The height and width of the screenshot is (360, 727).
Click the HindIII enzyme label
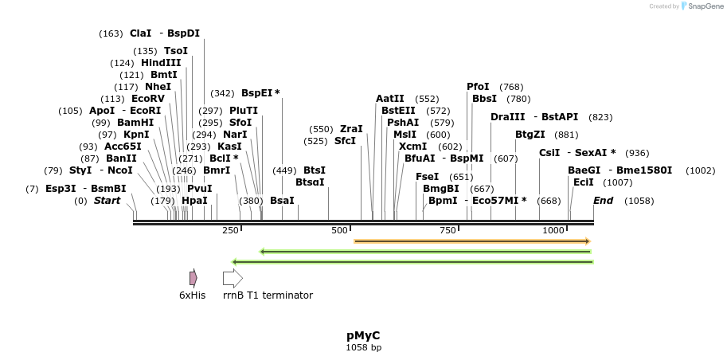point(161,63)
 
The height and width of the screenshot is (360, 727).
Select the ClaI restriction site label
point(140,33)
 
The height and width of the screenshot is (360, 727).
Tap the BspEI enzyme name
point(257,93)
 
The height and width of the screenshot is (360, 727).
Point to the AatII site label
point(390,99)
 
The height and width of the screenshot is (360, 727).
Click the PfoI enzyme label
point(478,87)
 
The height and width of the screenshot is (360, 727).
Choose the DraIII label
point(506,117)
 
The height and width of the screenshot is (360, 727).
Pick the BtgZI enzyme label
point(530,135)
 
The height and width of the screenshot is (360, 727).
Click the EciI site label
point(583,182)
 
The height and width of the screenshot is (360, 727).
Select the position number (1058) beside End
point(639,201)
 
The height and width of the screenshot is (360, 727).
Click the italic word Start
point(107,201)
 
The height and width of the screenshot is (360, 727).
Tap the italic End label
point(603,201)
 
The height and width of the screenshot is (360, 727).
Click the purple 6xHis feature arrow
point(193,278)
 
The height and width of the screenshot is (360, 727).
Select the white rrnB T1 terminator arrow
point(233,278)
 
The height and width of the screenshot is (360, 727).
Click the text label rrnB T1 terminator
point(268,295)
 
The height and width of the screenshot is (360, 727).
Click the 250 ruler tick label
point(230,230)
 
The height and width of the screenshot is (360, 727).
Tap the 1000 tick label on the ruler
point(553,230)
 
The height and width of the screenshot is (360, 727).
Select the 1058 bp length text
point(363,348)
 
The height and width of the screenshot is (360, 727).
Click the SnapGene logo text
point(702,6)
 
